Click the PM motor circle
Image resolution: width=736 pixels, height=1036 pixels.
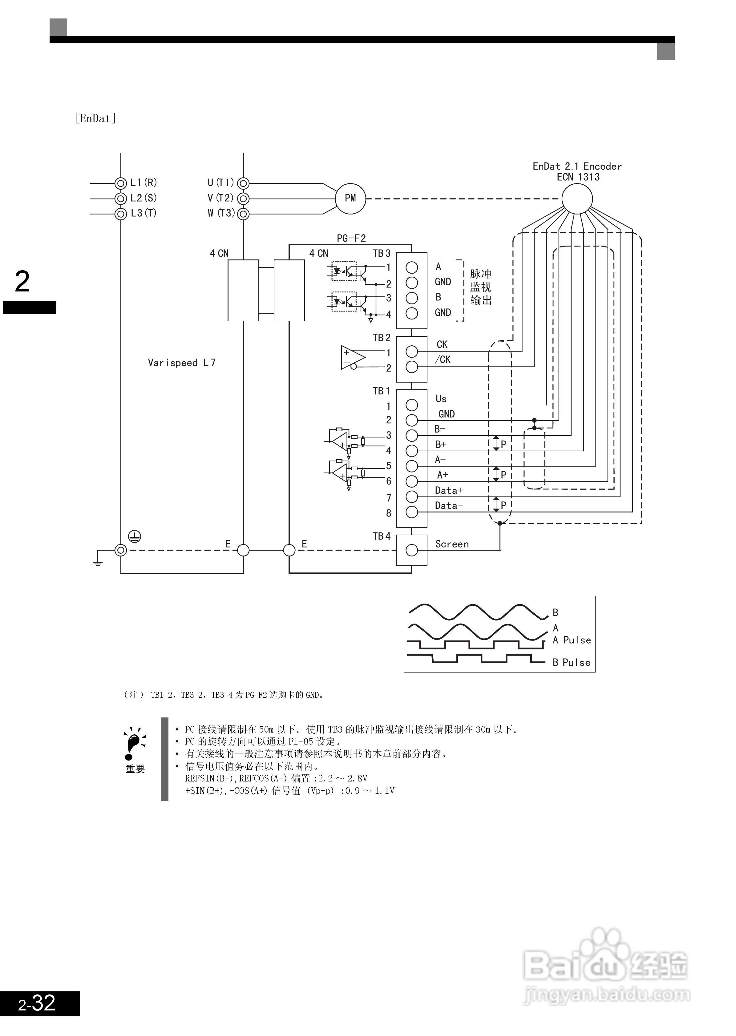point(350,198)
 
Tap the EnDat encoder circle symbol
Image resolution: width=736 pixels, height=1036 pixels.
point(577,199)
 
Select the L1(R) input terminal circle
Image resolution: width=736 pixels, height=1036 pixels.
point(120,183)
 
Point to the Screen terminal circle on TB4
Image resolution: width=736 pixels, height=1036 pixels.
point(411,550)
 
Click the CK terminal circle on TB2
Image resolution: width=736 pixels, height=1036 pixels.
point(411,351)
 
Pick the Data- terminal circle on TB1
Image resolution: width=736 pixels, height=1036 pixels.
point(411,512)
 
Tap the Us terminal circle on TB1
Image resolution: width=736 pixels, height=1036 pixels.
point(411,405)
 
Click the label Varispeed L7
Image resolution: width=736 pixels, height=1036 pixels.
point(182,362)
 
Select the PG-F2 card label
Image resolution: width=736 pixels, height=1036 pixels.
point(351,238)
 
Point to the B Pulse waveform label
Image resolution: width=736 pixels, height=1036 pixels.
point(572,662)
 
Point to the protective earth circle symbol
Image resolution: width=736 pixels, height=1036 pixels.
point(135,537)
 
